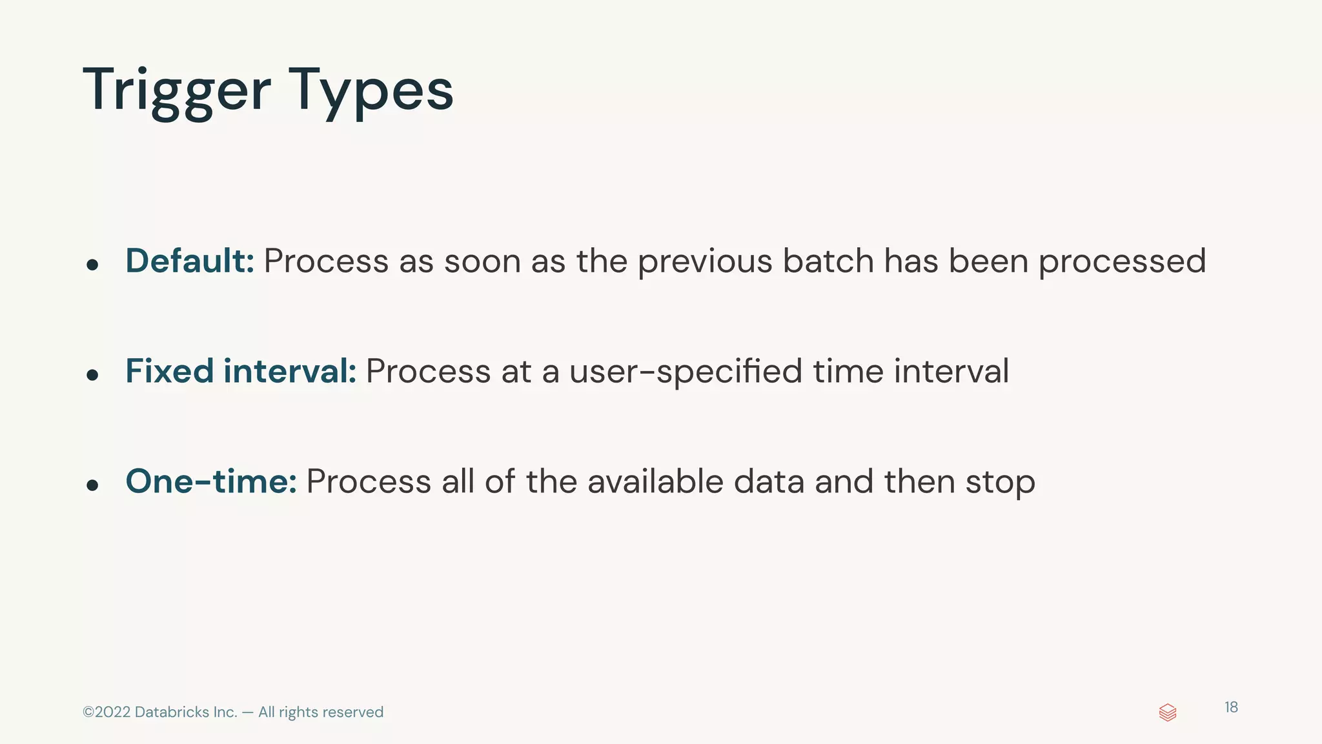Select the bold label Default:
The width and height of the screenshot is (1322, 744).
190,261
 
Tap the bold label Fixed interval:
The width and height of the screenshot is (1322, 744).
241,371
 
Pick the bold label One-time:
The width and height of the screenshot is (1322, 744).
211,481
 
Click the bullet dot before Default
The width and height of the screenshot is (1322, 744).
92,265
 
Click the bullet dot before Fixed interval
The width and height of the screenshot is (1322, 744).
92,375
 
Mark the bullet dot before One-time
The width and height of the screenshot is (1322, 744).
92,485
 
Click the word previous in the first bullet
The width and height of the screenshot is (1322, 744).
705,262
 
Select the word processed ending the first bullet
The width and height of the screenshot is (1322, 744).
1122,262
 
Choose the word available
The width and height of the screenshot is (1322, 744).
655,481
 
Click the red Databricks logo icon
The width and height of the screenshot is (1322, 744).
1168,712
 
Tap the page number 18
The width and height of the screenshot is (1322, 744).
1231,707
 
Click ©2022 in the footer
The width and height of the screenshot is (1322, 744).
107,712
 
